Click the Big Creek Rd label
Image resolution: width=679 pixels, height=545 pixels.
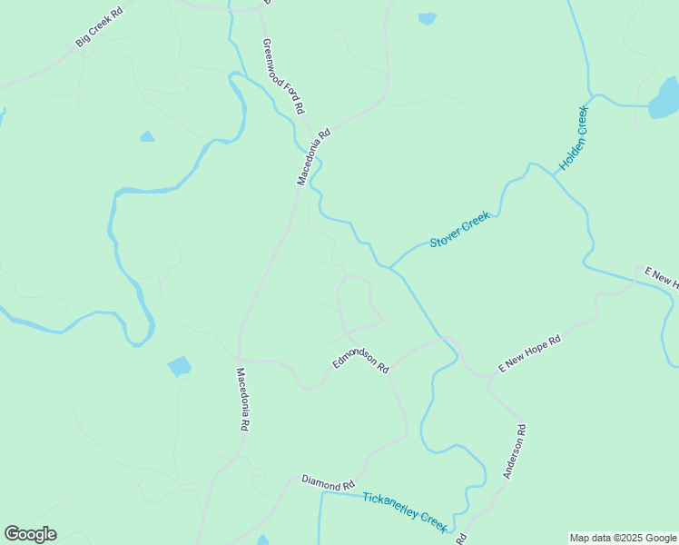[98, 29]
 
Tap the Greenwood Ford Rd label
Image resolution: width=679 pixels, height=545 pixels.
[282, 76]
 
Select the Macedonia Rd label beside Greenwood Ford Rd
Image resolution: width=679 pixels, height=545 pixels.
[314, 156]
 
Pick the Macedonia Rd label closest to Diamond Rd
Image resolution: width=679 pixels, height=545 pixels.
[242, 399]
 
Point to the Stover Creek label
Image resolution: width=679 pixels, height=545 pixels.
[459, 229]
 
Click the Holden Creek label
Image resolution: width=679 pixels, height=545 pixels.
[574, 138]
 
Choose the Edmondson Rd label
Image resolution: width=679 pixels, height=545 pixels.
[360, 361]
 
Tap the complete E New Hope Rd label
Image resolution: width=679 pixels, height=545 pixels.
[530, 353]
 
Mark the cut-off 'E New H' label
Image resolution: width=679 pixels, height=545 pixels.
[661, 278]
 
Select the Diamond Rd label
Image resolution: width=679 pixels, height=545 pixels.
[328, 481]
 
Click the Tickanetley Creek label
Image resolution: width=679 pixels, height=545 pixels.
[405, 512]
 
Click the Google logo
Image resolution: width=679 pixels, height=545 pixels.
[30, 534]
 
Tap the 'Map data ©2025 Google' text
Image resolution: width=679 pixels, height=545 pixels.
[624, 538]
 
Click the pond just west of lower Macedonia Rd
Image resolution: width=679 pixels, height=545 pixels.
[180, 366]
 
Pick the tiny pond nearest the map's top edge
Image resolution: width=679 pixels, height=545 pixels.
[427, 18]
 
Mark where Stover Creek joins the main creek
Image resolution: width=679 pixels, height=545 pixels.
[391, 267]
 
